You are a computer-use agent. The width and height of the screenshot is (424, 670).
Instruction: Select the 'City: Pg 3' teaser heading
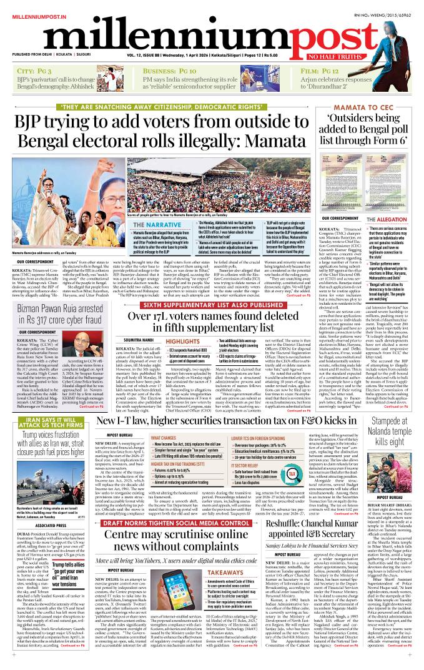(32, 72)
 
